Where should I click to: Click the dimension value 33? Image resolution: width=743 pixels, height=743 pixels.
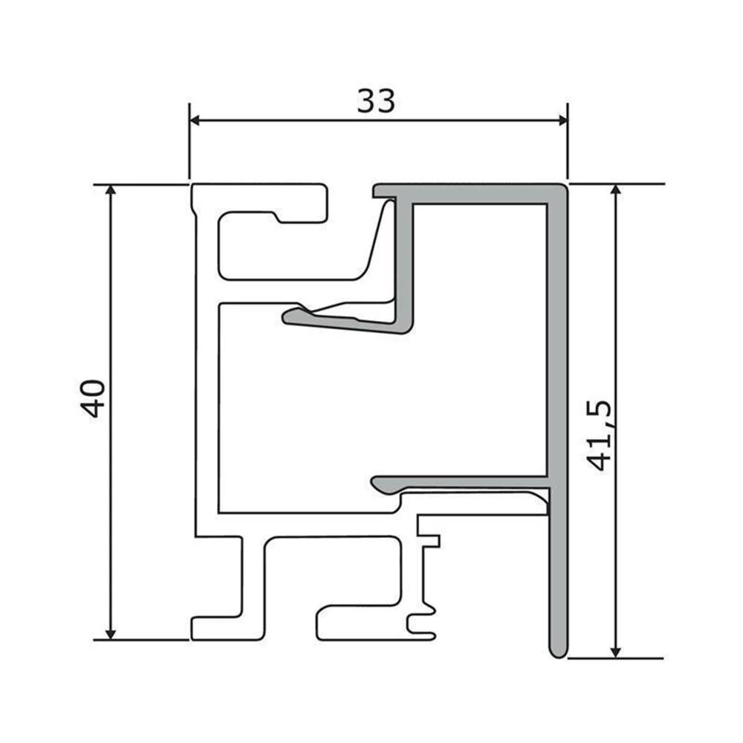(x=376, y=101)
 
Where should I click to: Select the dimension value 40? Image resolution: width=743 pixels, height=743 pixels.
(x=94, y=398)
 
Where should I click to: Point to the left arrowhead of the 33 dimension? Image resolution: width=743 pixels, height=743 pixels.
(x=195, y=120)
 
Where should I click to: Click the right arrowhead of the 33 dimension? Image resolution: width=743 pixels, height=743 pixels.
(x=562, y=120)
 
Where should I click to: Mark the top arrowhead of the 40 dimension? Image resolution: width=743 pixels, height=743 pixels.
(x=111, y=190)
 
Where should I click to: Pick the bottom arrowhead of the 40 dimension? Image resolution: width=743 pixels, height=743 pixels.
(x=111, y=633)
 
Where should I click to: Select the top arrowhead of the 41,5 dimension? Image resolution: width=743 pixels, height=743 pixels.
(x=615, y=190)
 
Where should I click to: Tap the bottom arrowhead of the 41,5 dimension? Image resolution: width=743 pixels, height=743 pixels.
(x=615, y=652)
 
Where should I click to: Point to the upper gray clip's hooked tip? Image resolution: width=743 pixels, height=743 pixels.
(x=290, y=317)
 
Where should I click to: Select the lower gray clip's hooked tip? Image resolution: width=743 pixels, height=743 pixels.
(x=379, y=485)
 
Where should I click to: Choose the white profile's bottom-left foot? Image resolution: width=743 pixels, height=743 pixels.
(x=215, y=628)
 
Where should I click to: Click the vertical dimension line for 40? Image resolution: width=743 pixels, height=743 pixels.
(x=111, y=483)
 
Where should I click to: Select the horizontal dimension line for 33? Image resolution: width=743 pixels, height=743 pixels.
(x=297, y=120)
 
